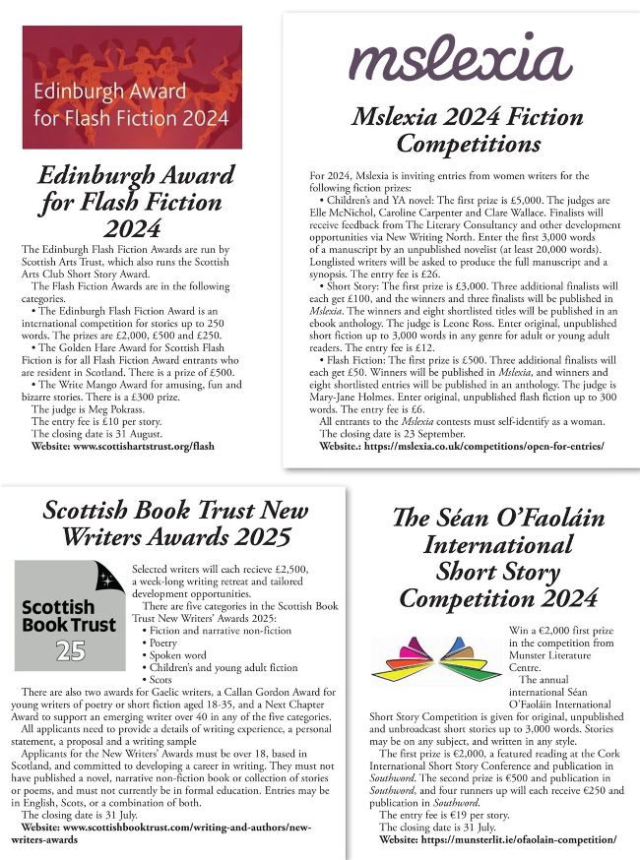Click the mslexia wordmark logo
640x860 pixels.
point(461,59)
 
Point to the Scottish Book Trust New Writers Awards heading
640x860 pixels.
point(166,522)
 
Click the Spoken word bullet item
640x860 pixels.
point(187,653)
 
